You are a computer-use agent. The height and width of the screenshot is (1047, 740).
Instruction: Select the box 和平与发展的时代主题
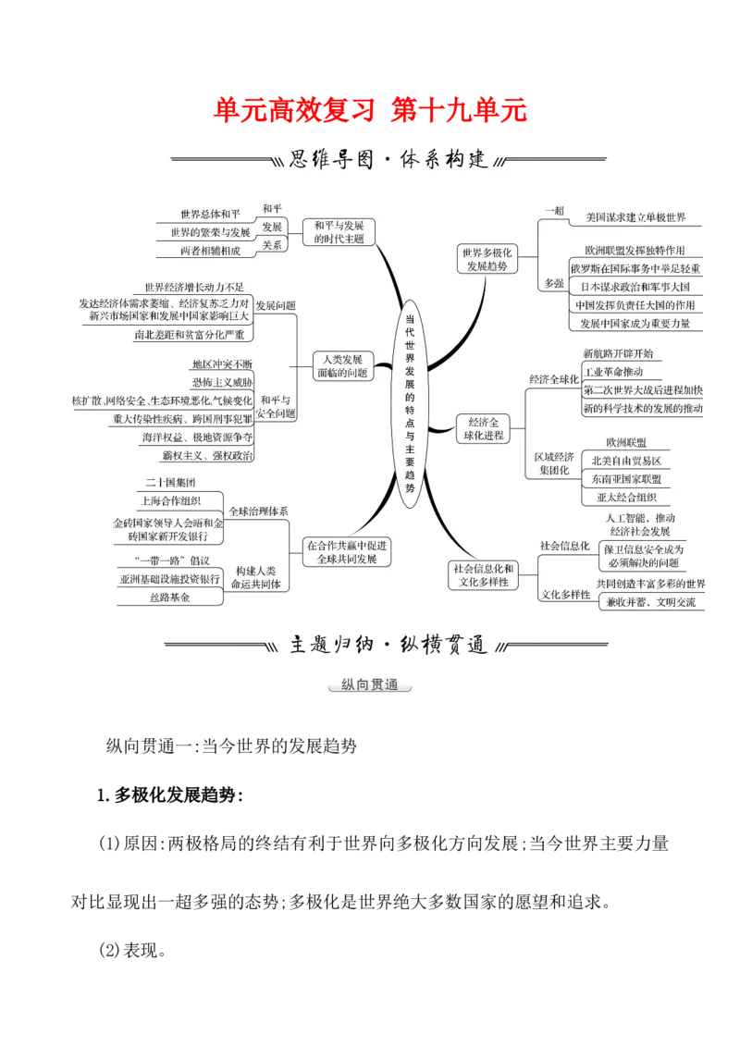(339, 231)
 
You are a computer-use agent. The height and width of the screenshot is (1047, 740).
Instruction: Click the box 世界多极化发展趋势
(487, 259)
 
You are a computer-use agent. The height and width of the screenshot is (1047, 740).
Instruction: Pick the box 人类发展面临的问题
(341, 365)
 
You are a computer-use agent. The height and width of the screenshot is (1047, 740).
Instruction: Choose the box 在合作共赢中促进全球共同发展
(348, 552)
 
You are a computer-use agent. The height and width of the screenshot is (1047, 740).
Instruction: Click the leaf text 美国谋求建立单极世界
(635, 217)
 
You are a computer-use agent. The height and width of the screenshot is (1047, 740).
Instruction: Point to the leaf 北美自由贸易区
(626, 461)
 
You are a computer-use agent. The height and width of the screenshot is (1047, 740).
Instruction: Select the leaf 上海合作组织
(172, 500)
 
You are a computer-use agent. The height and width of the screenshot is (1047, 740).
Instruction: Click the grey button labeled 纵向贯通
(369, 684)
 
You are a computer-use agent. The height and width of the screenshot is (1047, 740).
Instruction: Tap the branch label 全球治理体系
(258, 511)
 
